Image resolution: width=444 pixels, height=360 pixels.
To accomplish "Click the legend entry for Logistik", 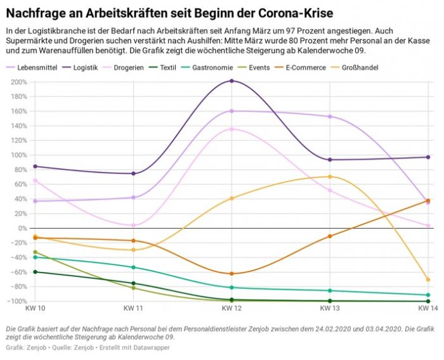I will [x=84, y=67].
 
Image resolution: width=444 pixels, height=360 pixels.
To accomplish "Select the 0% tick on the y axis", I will [x=22, y=228].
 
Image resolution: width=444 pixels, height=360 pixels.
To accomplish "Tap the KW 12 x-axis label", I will [x=232, y=309].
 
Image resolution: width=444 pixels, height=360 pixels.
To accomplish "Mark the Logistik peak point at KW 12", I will [x=232, y=81].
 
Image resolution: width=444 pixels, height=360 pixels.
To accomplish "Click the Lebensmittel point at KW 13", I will [x=330, y=117].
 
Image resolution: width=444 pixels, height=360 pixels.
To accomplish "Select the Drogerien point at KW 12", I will [x=232, y=129].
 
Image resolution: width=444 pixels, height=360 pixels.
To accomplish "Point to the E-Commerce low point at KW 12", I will [x=232, y=274].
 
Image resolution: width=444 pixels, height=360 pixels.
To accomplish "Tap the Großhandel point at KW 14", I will [x=428, y=280].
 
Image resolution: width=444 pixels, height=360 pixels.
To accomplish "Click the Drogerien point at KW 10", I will [x=35, y=181].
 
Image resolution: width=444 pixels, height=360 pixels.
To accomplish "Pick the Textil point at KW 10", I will [x=35, y=272].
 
